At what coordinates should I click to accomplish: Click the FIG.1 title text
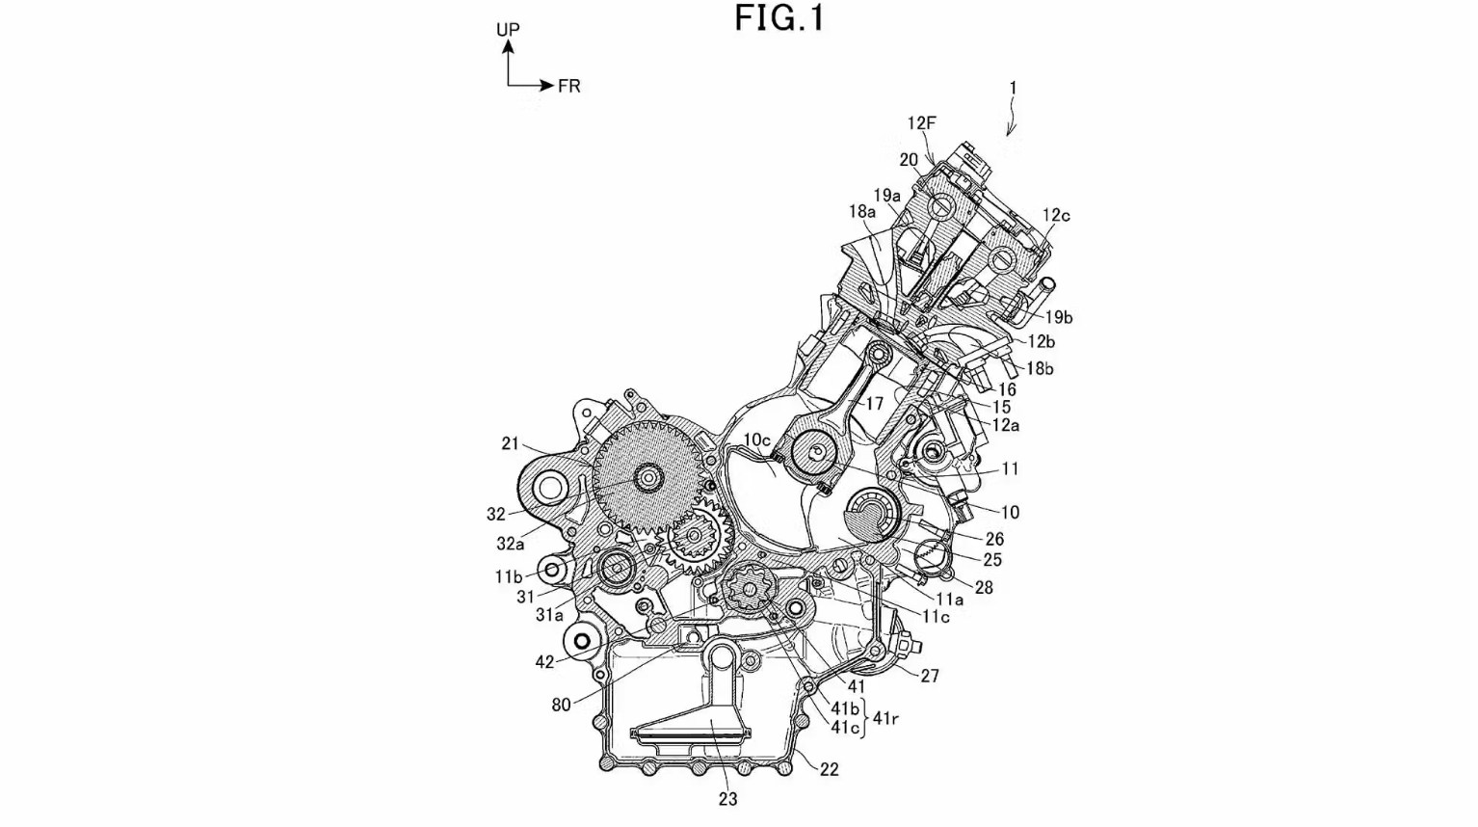(x=779, y=18)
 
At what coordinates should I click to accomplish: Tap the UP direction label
(x=508, y=29)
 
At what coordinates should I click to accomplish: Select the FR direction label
(x=568, y=87)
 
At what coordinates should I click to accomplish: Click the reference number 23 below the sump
(x=727, y=799)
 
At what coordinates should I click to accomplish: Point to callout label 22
(x=830, y=769)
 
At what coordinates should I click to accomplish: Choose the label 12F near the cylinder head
(x=921, y=122)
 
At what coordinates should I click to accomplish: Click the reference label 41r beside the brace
(x=885, y=718)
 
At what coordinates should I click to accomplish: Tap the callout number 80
(x=561, y=705)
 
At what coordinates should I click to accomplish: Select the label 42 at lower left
(x=544, y=662)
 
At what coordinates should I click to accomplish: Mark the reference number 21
(x=510, y=443)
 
